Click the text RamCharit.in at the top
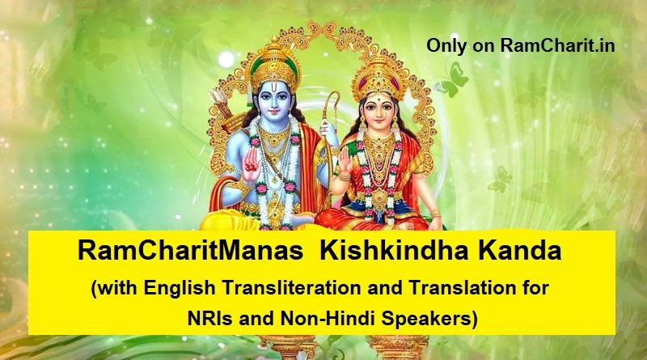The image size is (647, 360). click(x=557, y=45)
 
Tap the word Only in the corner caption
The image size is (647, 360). click(x=447, y=45)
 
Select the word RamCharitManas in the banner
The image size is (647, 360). click(x=190, y=251)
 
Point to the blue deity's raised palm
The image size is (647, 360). click(x=252, y=163)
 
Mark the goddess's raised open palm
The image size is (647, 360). click(x=345, y=161)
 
